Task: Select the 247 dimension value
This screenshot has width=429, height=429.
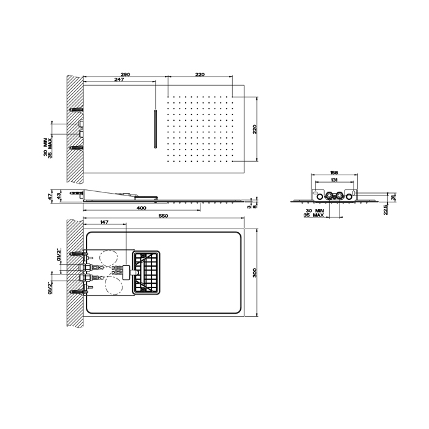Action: pos(119,80)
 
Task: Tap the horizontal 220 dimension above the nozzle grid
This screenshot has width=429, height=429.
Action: pos(199,74)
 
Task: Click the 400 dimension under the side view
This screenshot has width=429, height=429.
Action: pos(142,208)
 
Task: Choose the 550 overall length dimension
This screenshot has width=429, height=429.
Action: pos(163,216)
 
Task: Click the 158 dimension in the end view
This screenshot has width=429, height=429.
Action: pos(333,173)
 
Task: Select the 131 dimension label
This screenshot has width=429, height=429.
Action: pos(333,181)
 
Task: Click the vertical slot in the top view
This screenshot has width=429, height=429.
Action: pos(156,129)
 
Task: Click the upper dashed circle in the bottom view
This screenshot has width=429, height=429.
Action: pos(110,258)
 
